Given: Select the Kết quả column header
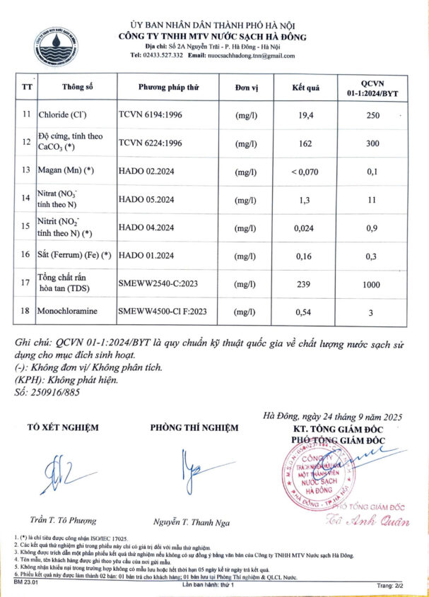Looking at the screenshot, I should tap(306, 88).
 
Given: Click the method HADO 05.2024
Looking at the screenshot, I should tap(146, 199).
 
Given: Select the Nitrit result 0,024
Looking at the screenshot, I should tap(305, 227).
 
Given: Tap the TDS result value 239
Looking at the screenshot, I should tap(305, 283).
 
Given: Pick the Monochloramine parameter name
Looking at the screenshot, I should tap(73, 311).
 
